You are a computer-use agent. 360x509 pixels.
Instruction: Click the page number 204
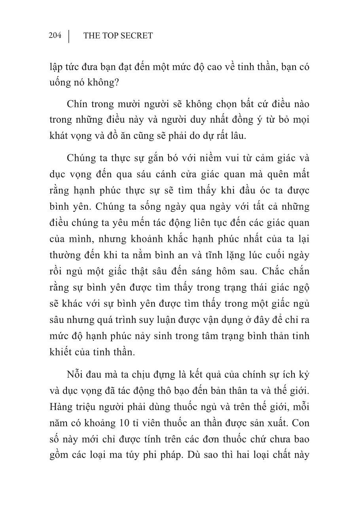(x=55, y=36)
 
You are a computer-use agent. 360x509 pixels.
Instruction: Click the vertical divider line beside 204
(x=69, y=36)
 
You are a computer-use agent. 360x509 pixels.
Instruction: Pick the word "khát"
(x=59, y=136)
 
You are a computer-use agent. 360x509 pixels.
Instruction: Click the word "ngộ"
(x=302, y=288)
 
